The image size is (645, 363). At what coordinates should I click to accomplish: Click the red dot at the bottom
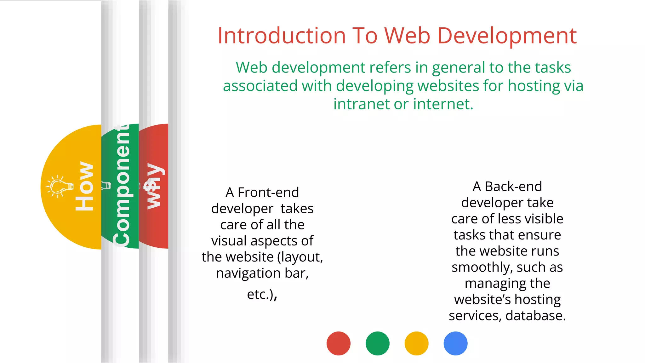click(338, 343)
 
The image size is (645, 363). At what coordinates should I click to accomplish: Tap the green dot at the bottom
click(377, 343)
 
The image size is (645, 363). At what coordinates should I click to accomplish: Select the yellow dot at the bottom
click(416, 343)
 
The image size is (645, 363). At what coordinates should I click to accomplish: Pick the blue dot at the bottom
click(455, 343)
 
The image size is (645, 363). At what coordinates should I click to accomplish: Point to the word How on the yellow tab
click(84, 186)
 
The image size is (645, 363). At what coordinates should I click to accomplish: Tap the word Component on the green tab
click(122, 186)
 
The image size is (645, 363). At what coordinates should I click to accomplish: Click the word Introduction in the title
click(282, 35)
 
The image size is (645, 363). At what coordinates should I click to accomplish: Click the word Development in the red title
click(507, 36)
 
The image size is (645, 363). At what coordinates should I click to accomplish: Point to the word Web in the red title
click(407, 35)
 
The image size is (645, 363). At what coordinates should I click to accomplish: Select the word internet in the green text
click(443, 104)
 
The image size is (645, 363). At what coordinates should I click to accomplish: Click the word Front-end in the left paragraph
click(268, 192)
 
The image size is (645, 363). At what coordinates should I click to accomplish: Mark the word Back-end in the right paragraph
click(513, 186)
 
